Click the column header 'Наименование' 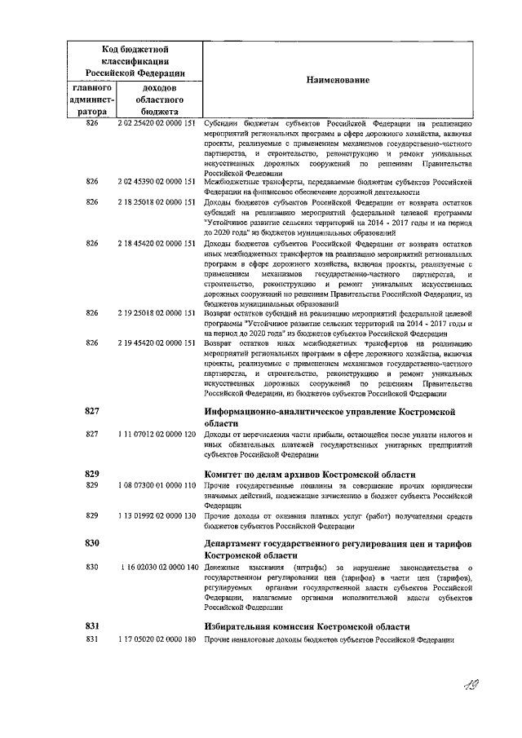338,80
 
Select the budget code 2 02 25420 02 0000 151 157,122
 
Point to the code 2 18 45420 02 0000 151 157,243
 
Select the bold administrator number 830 92,543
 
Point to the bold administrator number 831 92,625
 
